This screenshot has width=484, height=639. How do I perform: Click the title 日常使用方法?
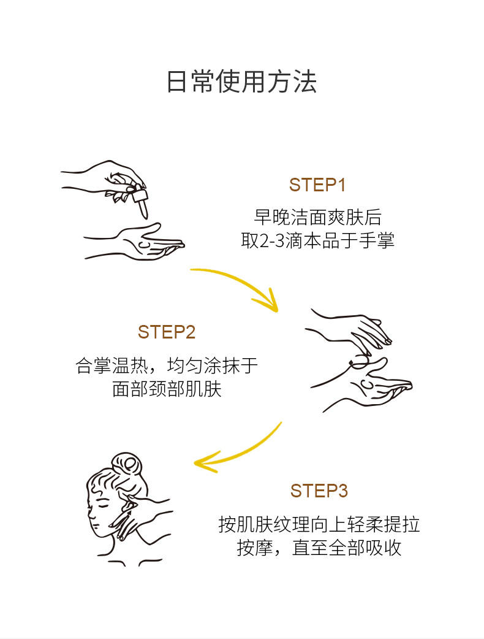242,82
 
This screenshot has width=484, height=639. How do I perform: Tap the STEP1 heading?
317,185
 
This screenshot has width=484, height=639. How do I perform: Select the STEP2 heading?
167,332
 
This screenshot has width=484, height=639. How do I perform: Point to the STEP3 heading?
319,491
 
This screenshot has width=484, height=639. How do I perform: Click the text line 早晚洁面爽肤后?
317,217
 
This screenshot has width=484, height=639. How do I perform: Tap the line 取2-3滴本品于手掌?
317,240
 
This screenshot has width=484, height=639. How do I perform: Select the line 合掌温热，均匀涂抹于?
167,365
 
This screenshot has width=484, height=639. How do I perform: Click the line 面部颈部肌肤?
167,389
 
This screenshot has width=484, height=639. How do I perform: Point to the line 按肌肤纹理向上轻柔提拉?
319,524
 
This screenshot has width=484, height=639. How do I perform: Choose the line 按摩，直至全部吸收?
319,548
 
